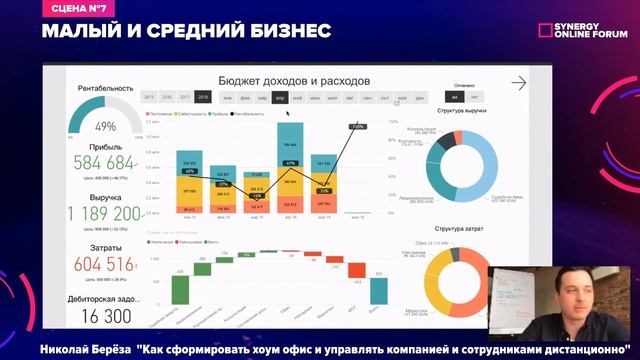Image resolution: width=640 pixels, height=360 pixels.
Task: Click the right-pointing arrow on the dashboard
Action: (x=518, y=84)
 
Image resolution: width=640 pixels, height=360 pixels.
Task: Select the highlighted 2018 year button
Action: (x=203, y=97)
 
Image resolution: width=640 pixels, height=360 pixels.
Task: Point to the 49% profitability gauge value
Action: (x=105, y=127)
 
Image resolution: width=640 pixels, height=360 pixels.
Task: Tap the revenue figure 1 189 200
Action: (x=104, y=214)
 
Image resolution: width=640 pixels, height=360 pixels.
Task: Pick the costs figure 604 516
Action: (x=103, y=264)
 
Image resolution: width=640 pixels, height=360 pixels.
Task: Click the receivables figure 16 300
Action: (x=106, y=316)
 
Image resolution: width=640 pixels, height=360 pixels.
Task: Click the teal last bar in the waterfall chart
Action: (x=379, y=290)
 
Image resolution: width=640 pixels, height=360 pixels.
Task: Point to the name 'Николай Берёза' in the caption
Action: (x=86, y=350)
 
